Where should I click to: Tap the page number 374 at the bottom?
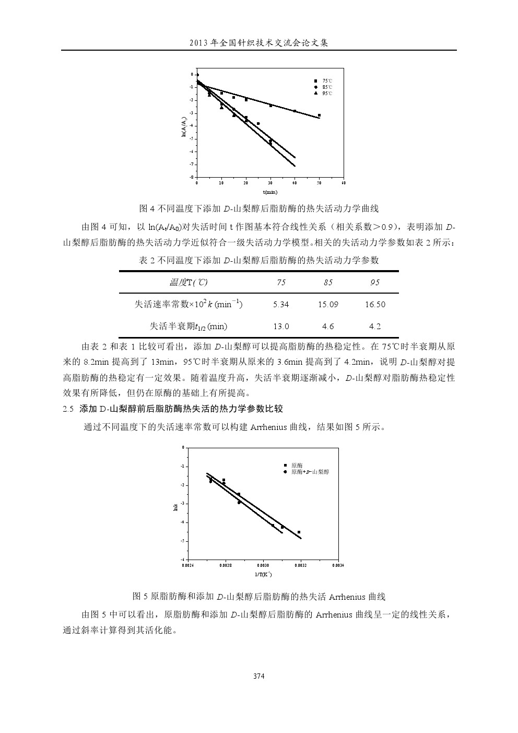pos(258,676)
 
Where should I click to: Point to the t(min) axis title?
pos(270,193)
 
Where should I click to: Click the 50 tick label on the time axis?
pos(319,183)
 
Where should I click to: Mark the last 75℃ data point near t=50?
pos(319,115)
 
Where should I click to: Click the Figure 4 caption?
pos(258,209)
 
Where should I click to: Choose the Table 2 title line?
pos(258,260)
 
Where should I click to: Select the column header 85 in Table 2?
pos(328,283)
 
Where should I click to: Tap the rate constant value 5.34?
pos(281,305)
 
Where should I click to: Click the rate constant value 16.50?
pos(374,305)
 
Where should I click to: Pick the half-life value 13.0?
pos(281,327)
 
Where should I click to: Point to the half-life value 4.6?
pos(328,327)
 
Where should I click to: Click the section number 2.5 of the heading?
pos(68,409)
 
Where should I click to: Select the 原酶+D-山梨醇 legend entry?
pos(310,472)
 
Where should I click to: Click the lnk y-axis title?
pos(176,506)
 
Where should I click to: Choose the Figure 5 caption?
pos(258,597)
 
